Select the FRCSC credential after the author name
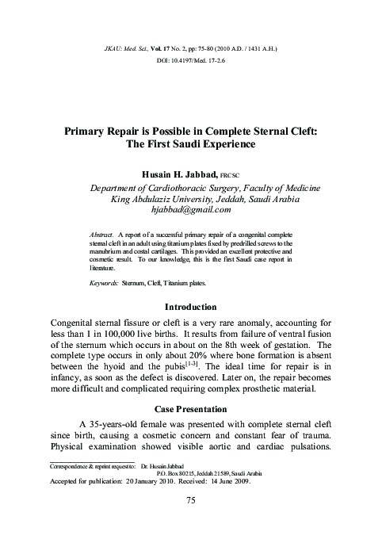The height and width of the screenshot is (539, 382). tap(231, 174)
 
